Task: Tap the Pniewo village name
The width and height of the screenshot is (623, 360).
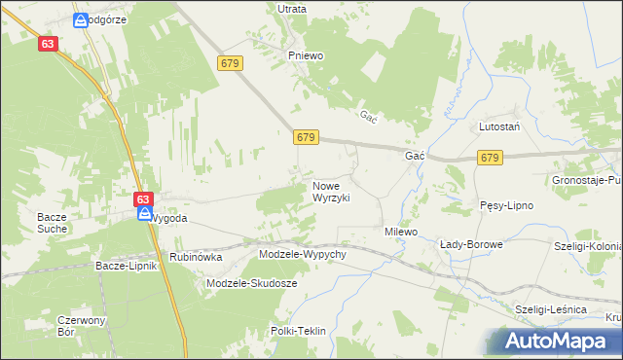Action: click(x=305, y=55)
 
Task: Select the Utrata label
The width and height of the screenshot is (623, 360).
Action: click(x=292, y=9)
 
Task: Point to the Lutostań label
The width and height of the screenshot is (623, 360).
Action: click(x=500, y=127)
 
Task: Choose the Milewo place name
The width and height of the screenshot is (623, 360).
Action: click(x=400, y=233)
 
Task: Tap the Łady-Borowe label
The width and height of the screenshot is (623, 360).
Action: click(x=471, y=244)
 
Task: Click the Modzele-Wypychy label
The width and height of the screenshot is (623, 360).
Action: click(x=303, y=254)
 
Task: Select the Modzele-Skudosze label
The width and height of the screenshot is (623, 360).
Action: click(x=252, y=283)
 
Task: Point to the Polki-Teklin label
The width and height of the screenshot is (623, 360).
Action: click(x=299, y=331)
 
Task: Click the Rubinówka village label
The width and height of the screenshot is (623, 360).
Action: click(x=196, y=258)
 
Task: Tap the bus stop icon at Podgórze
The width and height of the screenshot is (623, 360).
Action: click(x=80, y=19)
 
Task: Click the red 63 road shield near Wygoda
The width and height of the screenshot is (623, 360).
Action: click(x=144, y=198)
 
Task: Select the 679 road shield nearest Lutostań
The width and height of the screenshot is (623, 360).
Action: click(x=490, y=157)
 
